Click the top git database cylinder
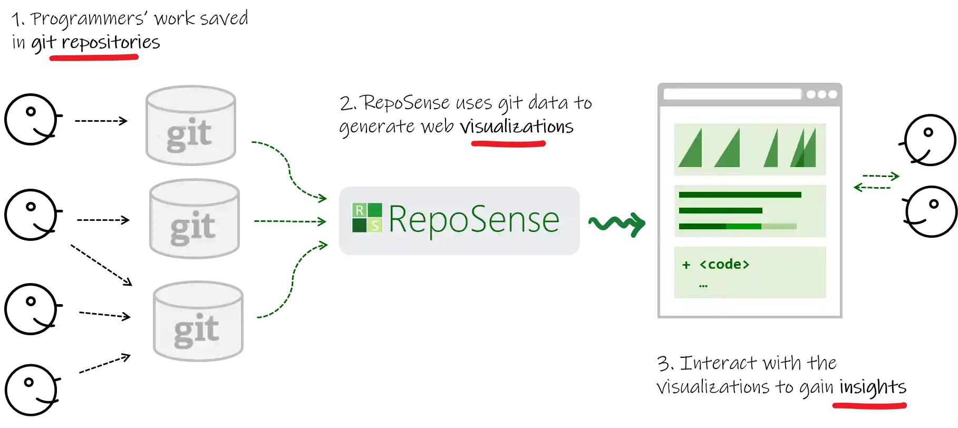coord(190,127)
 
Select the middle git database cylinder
coord(194,219)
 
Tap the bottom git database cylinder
coord(198,322)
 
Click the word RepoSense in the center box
coord(473,219)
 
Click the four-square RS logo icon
coord(367,218)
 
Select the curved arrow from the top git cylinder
coord(289,169)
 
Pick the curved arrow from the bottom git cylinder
coord(291,279)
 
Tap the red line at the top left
coord(93,57)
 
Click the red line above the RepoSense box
coord(508,143)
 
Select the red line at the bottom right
coord(870,405)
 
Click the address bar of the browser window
coord(732,94)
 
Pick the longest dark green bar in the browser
coord(740,195)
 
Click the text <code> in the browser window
coord(724,265)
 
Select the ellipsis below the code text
coord(703,285)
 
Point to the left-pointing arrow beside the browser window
coord(873,188)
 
